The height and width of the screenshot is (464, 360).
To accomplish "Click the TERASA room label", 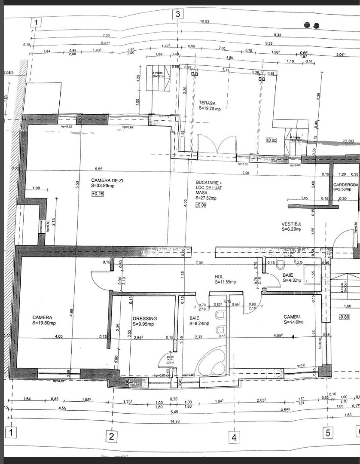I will click(x=207, y=103).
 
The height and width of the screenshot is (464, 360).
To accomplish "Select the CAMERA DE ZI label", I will click(x=106, y=180).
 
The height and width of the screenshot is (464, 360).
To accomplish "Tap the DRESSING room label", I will click(x=145, y=318).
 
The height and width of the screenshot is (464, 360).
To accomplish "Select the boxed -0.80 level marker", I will click(x=345, y=317).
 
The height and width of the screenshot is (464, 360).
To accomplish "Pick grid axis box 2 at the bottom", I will click(x=111, y=437).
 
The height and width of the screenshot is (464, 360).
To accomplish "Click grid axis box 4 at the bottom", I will click(x=234, y=437).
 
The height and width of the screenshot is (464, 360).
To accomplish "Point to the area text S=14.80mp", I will click(x=293, y=322).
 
